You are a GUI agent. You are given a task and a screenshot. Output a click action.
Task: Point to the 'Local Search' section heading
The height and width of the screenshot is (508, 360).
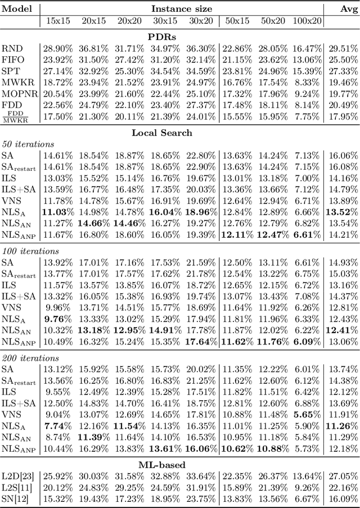[162, 133]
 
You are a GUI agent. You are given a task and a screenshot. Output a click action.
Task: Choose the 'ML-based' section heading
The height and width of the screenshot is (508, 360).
[162, 464]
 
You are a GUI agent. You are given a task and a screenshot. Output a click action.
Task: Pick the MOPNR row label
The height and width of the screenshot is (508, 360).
[18, 93]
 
